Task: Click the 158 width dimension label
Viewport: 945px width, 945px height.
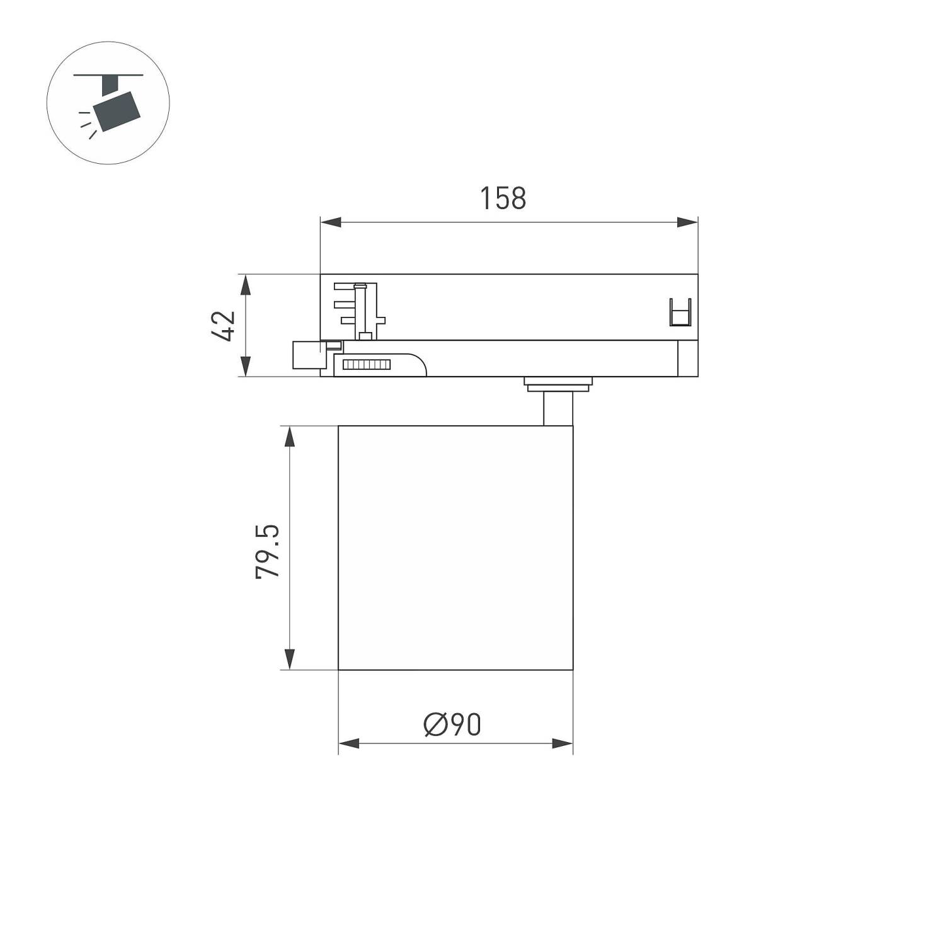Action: (503, 198)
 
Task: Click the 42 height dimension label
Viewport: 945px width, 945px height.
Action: (224, 326)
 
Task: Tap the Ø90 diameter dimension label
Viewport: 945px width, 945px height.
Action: (452, 724)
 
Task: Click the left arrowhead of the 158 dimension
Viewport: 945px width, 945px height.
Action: (330, 222)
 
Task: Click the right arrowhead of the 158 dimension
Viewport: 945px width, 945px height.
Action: (687, 222)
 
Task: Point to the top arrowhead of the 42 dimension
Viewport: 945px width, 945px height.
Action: (246, 285)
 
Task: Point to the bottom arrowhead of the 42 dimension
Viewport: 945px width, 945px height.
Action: (246, 367)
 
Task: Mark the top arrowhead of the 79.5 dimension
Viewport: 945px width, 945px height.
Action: (289, 437)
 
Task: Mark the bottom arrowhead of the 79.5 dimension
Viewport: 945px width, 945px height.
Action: (289, 659)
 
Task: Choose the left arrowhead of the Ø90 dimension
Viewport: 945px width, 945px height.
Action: (348, 743)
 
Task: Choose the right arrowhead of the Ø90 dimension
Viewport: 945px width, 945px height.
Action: (563, 743)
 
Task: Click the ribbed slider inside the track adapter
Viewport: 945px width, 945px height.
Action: (365, 364)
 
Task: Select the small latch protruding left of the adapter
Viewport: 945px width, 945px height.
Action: (309, 355)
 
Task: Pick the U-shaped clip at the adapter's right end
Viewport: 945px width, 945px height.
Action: (680, 312)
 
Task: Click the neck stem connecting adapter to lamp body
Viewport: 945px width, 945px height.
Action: (558, 409)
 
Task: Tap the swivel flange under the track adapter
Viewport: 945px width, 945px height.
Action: (558, 382)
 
